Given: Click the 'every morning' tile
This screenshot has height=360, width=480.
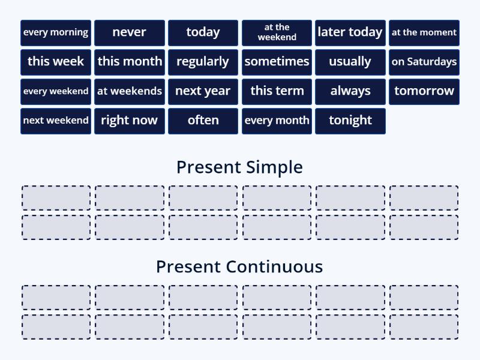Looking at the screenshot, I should coord(56,32).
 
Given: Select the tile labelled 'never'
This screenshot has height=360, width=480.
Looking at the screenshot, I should coord(130,32).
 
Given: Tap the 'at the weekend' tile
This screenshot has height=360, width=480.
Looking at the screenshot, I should coord(277,32).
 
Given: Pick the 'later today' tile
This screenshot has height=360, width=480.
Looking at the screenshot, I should coord(350,32).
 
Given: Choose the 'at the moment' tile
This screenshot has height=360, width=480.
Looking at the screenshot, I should coord(424,32).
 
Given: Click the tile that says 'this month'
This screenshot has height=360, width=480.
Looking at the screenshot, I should coord(130,62).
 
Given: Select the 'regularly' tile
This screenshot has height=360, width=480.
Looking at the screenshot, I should coord(203,62).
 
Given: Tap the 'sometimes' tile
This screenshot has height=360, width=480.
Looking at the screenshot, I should coord(277,62).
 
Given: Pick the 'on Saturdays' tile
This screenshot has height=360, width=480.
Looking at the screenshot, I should coord(424,62).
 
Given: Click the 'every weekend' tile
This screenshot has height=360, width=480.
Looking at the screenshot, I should coord(56,91).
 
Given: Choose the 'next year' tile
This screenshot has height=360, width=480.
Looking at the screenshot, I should coord(203,91).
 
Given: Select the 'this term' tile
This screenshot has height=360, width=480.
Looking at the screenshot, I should coord(277,91).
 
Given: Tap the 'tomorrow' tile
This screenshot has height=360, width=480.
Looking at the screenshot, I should coord(424,91).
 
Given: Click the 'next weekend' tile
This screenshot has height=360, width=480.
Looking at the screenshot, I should coord(56,121).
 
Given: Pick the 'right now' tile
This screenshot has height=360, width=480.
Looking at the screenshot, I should coord(130,121).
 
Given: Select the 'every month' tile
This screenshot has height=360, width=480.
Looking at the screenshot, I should coord(277,121).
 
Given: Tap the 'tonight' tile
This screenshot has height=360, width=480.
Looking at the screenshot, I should coord(350,121).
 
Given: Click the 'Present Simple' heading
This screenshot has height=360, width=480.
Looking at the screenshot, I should coord(239,167).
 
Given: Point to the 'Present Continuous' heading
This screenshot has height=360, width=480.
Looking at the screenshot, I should coord(239,266).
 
